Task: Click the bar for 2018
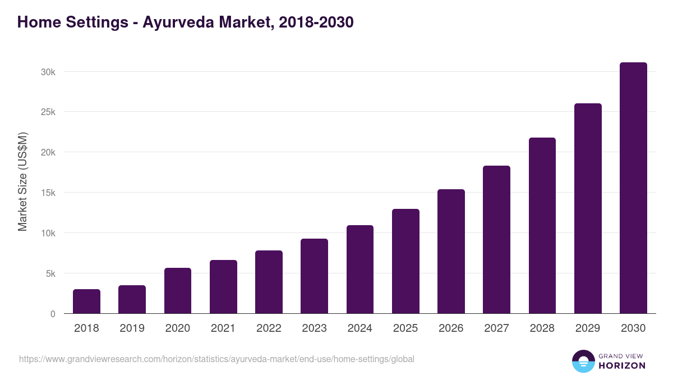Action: point(86,302)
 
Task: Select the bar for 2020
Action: point(178,291)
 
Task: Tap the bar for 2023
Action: point(314,276)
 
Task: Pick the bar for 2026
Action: point(451,252)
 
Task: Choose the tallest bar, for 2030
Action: point(633,188)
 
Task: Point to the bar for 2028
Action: point(542,226)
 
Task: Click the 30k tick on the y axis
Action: point(48,72)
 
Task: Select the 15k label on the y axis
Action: point(48,193)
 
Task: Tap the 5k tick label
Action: point(49,273)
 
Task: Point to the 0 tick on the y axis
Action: point(53,314)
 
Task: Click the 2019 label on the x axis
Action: point(132,328)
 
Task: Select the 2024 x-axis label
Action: point(359,328)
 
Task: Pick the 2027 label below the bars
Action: point(496,328)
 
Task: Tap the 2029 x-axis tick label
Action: point(588,328)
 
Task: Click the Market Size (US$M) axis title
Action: point(22,181)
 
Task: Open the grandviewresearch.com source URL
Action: point(216,359)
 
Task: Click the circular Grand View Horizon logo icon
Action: point(583,361)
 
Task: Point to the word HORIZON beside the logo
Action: point(622,366)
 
